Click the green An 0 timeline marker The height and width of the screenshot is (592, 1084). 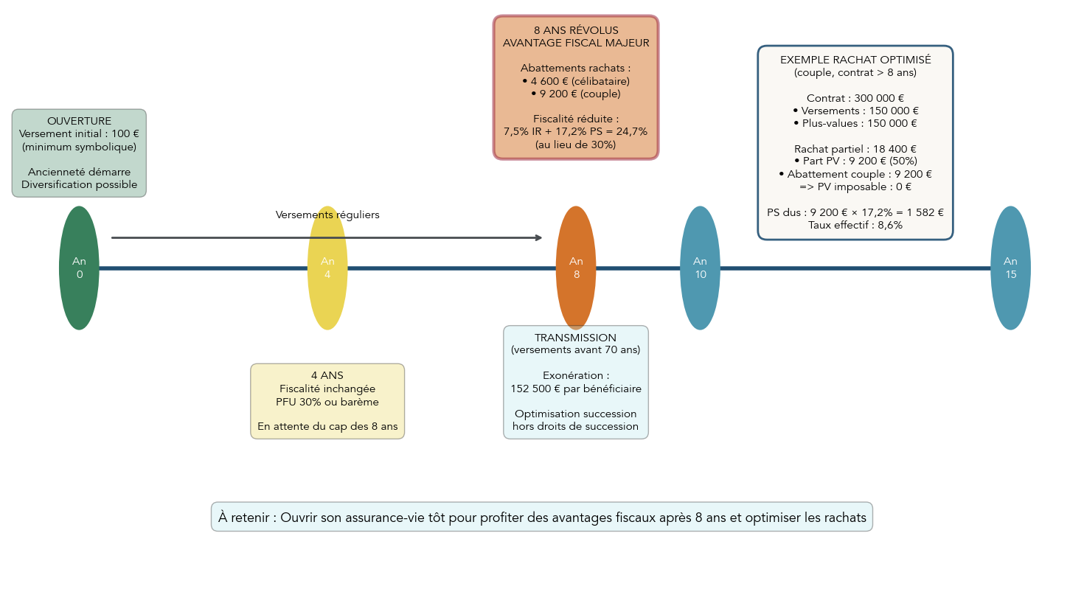(79, 268)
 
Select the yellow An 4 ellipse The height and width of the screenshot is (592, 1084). (327, 268)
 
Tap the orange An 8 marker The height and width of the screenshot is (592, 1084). (576, 268)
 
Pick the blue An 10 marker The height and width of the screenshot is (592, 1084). (700, 268)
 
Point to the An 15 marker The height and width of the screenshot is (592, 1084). (1010, 268)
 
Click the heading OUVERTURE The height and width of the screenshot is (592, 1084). (79, 121)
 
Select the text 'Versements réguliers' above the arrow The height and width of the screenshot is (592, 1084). (327, 215)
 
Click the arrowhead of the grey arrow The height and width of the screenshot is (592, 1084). (538, 237)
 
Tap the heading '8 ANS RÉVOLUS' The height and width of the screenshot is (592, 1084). (576, 30)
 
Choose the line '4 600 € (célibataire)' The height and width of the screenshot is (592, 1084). (576, 81)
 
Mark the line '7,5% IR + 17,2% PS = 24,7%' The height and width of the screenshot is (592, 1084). (576, 131)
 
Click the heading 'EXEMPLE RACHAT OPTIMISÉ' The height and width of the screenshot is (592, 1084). (855, 60)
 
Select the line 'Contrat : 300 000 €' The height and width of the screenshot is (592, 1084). (855, 98)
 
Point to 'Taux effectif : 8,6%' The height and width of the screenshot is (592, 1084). (855, 225)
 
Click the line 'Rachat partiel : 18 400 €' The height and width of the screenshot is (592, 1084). (855, 149)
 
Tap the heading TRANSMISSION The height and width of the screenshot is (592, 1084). (576, 338)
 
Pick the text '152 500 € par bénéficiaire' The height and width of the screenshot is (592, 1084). (576, 389)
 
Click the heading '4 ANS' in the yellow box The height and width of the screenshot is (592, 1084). (327, 375)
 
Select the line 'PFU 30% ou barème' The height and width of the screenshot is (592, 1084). (327, 402)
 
